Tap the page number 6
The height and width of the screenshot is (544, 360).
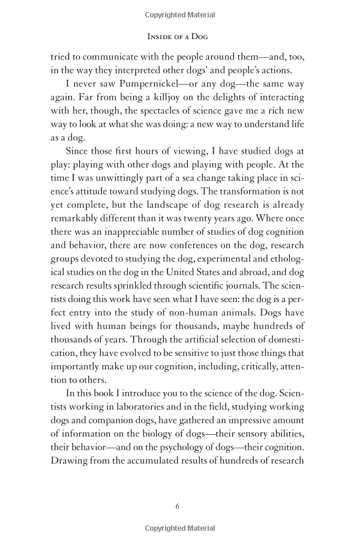click(178, 506)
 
